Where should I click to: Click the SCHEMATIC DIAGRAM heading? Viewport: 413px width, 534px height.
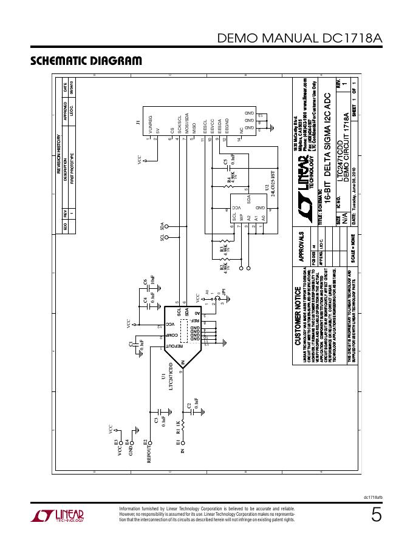[x=86, y=61]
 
